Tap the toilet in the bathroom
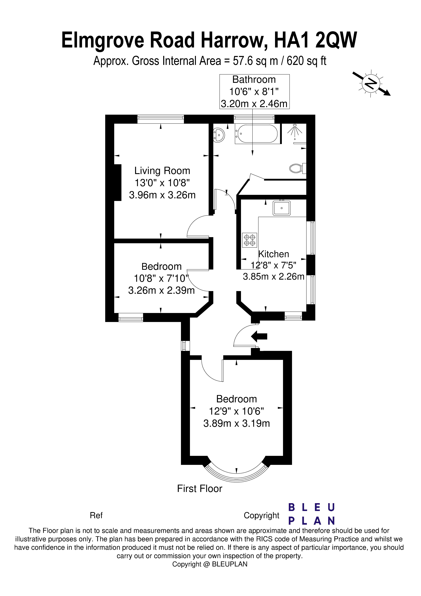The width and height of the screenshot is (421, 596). coord(297,168)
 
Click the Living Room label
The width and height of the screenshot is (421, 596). coord(162,171)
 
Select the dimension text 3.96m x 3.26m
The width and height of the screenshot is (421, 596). coord(162,195)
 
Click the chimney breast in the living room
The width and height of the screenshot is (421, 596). coord(118,182)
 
